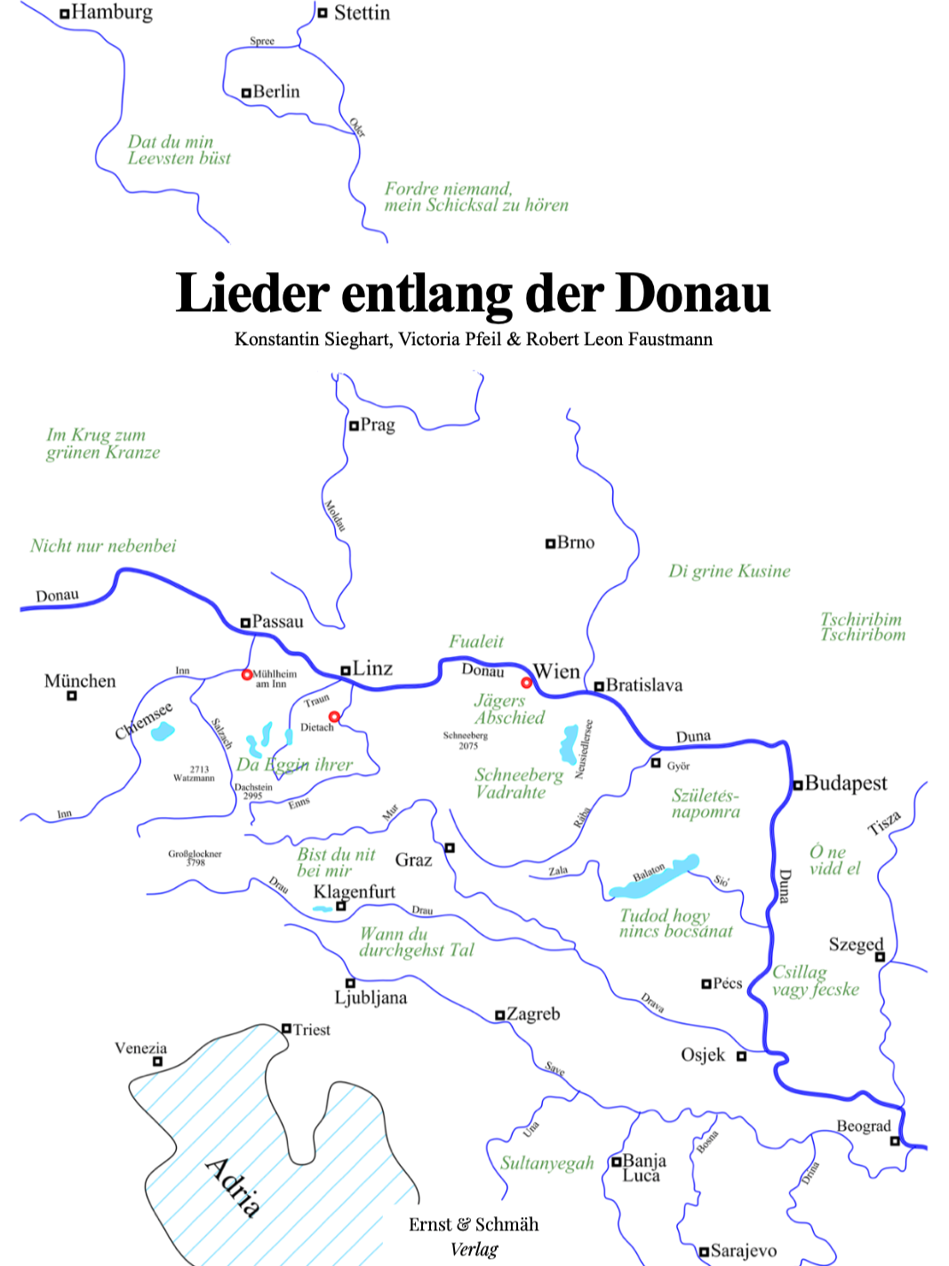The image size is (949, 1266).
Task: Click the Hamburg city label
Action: (x=111, y=12)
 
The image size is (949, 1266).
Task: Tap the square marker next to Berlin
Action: (x=246, y=92)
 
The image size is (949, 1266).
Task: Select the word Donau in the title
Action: (x=693, y=293)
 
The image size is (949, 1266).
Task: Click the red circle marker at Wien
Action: (x=526, y=683)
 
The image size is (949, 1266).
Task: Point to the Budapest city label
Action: (x=846, y=783)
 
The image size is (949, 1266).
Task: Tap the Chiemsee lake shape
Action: (x=163, y=732)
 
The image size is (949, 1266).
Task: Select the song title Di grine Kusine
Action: (x=729, y=571)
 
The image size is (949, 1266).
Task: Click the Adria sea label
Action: (x=234, y=1187)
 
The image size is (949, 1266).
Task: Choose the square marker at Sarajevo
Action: (x=704, y=1252)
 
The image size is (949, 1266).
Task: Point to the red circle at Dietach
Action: (x=334, y=717)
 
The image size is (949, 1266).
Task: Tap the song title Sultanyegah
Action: (x=546, y=1163)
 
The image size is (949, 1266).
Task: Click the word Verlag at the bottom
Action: (x=474, y=1249)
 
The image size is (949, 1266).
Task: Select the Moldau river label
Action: (x=335, y=517)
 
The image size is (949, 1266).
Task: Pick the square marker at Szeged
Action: (x=880, y=957)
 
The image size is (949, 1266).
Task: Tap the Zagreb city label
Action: (x=533, y=1014)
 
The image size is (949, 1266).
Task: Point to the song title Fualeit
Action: (x=475, y=641)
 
